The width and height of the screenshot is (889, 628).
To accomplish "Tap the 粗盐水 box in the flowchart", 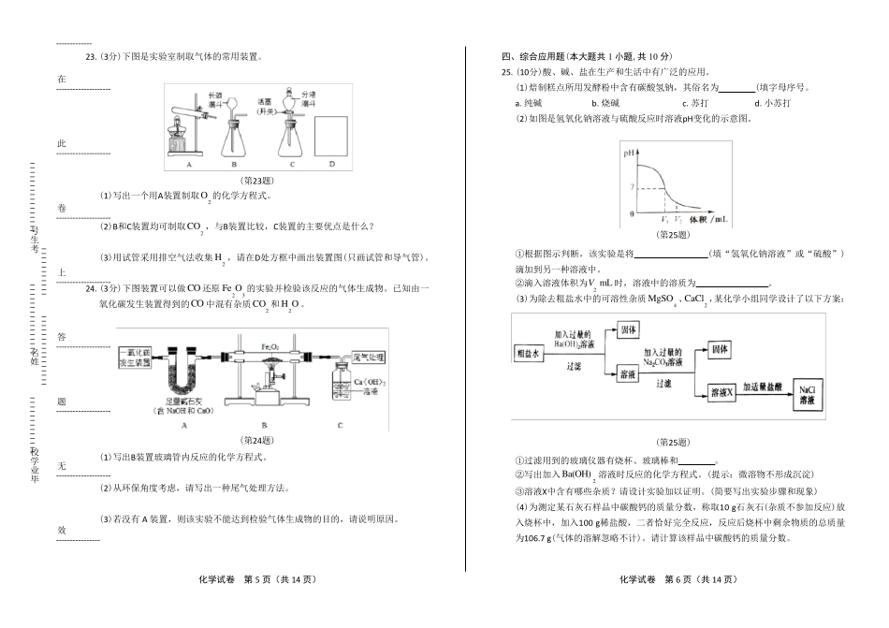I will tap(530, 353).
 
